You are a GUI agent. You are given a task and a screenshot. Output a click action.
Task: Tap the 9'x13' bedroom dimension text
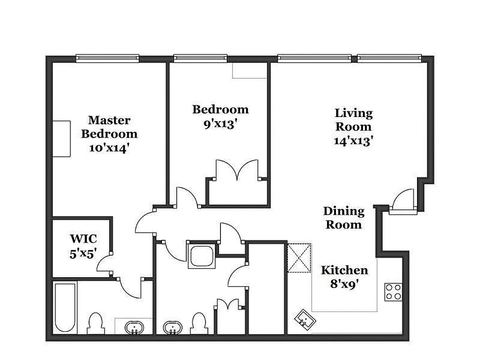point(220,124)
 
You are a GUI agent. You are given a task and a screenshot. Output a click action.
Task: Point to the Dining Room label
point(344,217)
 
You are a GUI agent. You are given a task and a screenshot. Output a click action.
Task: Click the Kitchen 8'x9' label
point(344,277)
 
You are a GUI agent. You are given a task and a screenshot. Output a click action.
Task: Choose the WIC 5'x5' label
point(83,246)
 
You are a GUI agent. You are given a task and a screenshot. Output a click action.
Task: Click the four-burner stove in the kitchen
point(393,292)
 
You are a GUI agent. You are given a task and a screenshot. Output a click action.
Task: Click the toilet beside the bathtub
point(95,323)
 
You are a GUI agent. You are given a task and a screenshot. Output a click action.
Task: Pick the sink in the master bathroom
point(133,327)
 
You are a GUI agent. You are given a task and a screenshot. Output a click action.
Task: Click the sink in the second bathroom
point(171,327)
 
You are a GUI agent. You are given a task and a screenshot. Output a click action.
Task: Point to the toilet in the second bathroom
point(198,323)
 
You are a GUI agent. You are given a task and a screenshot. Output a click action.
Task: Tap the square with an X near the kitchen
point(299,258)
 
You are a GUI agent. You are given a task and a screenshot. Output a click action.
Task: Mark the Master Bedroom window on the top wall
point(107,58)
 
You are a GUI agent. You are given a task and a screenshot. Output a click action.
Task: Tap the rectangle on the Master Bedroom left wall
point(62,139)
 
